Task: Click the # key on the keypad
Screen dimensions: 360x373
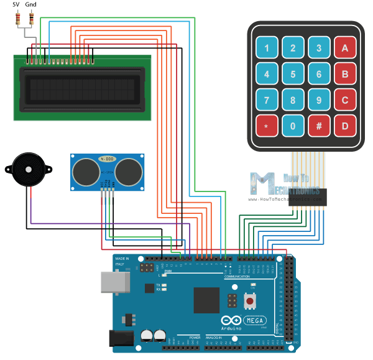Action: coord(318,126)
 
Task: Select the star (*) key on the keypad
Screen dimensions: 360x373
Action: coord(266,126)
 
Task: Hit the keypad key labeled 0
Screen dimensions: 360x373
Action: coord(292,126)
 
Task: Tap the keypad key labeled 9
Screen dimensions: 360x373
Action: coord(318,100)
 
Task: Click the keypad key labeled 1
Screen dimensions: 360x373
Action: coord(266,48)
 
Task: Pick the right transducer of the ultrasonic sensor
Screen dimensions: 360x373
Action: coord(129,172)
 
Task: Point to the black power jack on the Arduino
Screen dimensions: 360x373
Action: coord(119,338)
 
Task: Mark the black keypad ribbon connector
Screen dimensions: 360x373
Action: coord(304,198)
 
